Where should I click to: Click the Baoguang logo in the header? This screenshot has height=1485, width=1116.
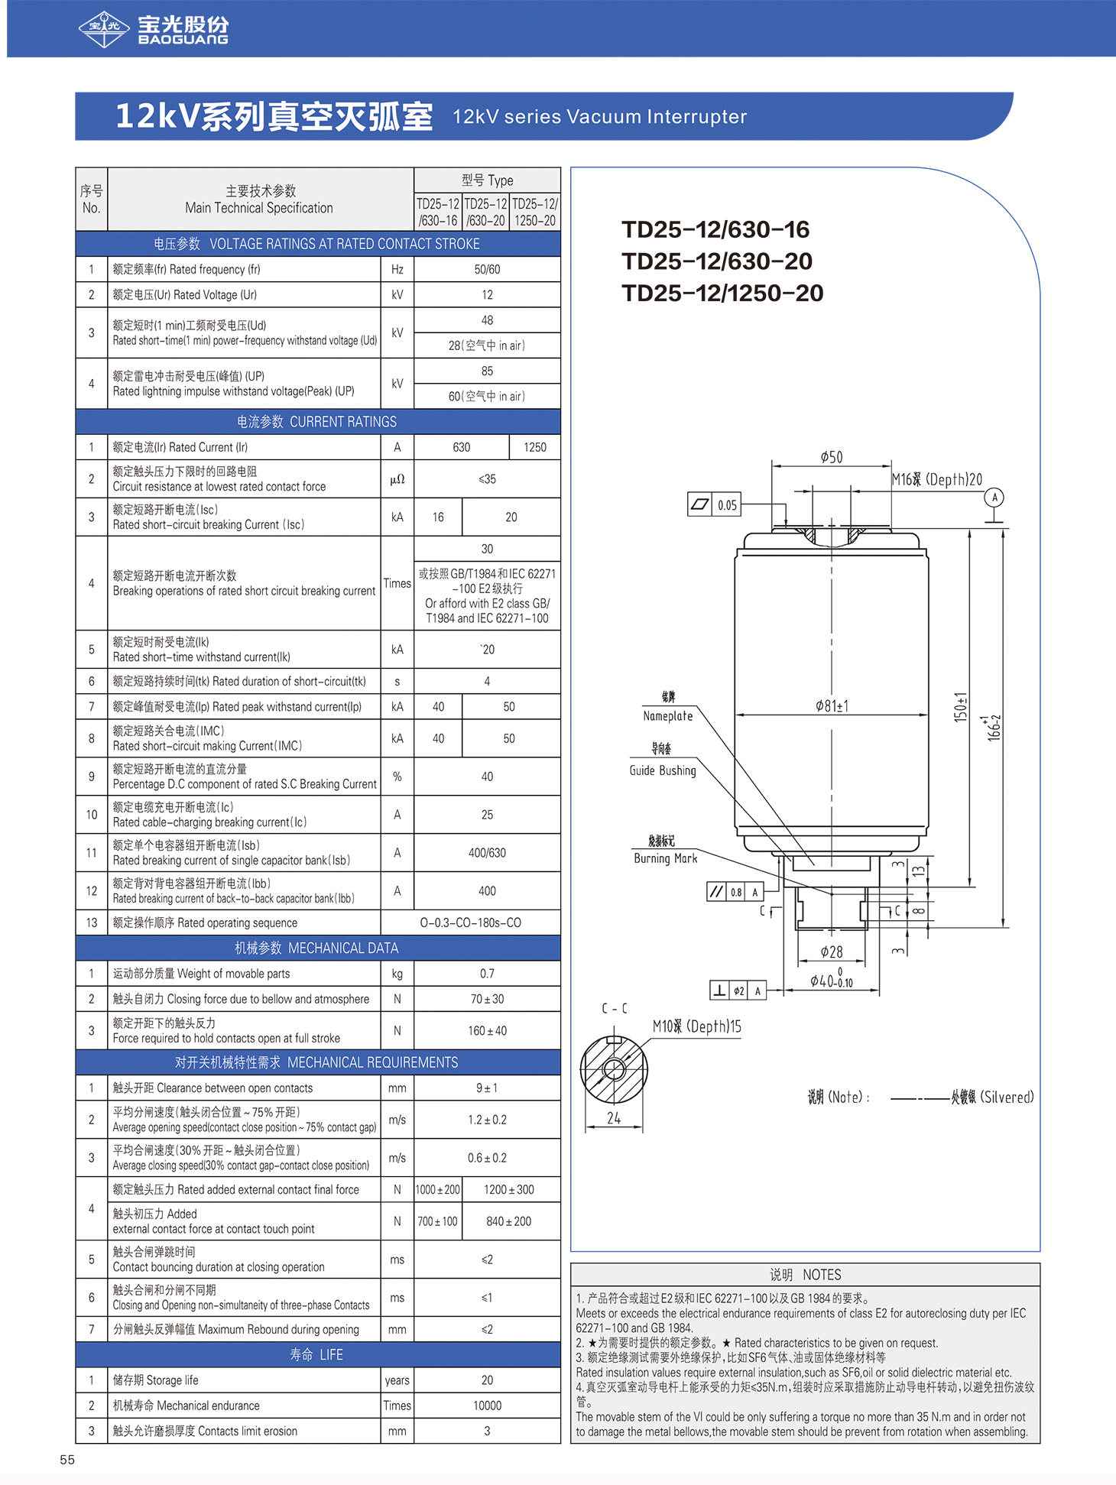tap(154, 29)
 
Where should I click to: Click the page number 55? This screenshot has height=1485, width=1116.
tap(67, 1460)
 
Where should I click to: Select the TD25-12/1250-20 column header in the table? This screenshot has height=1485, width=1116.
tap(535, 212)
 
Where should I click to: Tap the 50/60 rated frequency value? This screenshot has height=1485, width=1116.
tap(487, 269)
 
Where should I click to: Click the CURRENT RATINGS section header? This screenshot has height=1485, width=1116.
tap(317, 422)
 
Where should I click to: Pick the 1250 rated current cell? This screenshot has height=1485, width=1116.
tap(535, 447)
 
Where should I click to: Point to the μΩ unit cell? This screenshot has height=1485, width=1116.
tap(397, 479)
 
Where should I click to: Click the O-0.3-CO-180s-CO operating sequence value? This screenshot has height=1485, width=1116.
tap(471, 922)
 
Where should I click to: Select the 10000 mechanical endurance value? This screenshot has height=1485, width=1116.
tap(487, 1406)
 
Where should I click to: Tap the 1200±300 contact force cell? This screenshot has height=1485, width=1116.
tap(509, 1189)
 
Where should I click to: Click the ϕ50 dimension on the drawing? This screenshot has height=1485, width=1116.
tap(832, 457)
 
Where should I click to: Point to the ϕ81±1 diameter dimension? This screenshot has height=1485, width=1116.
tap(832, 706)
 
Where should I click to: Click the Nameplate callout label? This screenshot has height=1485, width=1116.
tap(668, 716)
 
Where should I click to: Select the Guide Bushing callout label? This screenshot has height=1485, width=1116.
tap(663, 770)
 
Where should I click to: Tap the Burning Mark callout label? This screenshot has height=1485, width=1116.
tap(666, 858)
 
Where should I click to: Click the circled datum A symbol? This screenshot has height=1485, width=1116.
tap(994, 498)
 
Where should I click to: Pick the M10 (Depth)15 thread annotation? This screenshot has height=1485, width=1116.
tap(697, 1026)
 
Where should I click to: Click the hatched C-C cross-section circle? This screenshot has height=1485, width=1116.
tap(614, 1069)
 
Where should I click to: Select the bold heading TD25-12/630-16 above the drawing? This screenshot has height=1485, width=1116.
tap(715, 229)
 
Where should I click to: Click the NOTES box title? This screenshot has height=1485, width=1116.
tap(806, 1275)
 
